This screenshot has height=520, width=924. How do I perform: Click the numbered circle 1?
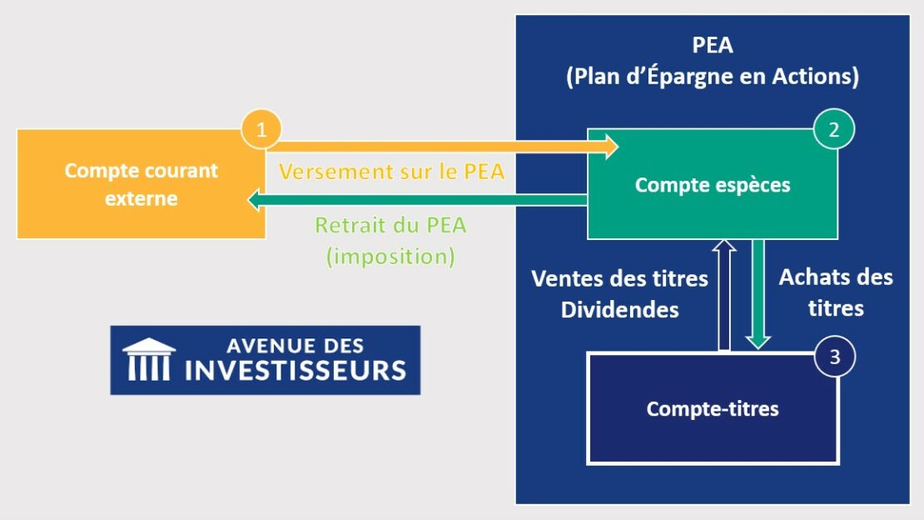point(261,130)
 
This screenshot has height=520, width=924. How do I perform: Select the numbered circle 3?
point(835,357)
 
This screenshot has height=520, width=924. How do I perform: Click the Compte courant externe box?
point(141,184)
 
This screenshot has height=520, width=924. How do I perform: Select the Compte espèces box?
point(712,185)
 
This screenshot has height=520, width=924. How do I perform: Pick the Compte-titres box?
point(712,409)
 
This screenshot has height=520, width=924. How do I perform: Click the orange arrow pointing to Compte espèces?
point(441,148)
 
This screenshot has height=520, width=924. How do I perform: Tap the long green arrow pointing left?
point(416,200)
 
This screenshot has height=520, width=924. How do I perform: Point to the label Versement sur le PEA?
point(391,172)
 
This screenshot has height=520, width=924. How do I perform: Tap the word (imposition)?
point(390,256)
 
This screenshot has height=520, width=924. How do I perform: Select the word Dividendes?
point(619,309)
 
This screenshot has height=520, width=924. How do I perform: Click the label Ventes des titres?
point(619,277)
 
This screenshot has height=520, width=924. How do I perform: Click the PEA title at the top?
point(712,46)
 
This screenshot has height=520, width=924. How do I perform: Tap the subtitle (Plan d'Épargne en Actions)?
point(712,77)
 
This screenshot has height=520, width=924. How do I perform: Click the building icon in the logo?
point(149,360)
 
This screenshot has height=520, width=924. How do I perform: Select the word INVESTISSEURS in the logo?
point(296,369)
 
